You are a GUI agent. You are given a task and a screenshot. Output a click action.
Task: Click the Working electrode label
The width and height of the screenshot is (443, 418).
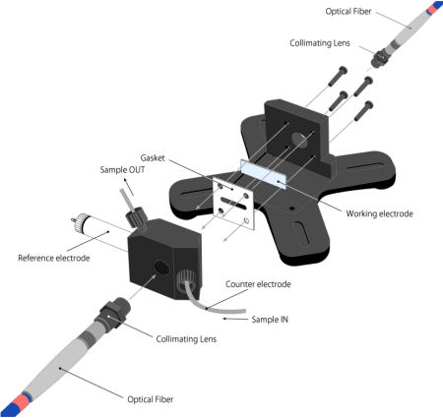coord(379,213)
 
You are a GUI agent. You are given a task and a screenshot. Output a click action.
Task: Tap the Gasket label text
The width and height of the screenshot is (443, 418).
coord(153,158)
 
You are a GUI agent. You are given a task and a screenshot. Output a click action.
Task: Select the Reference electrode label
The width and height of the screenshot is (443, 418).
coord(54,258)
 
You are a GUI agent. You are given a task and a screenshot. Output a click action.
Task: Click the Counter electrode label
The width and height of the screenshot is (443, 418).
coord(258,284)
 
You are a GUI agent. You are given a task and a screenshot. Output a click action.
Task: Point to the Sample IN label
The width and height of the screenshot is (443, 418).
coord(270,320)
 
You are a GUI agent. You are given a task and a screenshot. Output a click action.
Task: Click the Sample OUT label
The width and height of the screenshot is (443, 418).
coord(122,170)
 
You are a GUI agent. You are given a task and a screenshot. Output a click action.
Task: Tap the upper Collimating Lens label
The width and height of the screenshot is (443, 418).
coord(320,43)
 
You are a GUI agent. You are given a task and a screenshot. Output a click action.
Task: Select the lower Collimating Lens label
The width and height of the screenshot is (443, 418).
coord(186,339)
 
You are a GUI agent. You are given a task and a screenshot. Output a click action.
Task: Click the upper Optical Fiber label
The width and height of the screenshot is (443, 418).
coord(348,12)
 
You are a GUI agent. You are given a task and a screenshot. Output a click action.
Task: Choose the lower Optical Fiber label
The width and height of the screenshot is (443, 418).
coord(151,399)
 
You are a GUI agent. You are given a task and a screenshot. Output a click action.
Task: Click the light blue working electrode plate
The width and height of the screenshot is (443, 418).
coord(264,174)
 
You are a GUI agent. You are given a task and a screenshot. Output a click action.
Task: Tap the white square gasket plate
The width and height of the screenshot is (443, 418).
coord(233,204)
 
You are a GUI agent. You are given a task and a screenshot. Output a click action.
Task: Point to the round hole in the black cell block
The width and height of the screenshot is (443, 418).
coord(161,268)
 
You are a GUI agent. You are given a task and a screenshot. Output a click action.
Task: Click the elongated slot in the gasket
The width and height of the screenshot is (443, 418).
coord(233,204)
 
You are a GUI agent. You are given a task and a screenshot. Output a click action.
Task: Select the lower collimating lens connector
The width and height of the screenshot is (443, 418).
coord(112,313)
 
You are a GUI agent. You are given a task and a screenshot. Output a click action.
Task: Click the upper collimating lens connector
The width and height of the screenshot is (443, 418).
coord(380,58)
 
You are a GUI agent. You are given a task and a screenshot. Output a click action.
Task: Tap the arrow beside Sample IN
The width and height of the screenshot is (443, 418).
coord(235,319)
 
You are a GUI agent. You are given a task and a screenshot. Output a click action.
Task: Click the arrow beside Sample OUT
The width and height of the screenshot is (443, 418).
coord(129,187)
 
